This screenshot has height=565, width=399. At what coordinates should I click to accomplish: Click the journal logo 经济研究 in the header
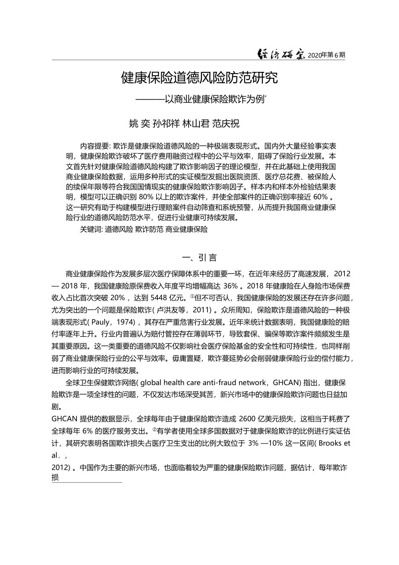[x=281, y=55]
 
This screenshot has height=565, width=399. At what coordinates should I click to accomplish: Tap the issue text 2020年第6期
[x=326, y=55]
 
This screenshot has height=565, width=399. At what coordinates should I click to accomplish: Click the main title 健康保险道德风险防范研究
[x=199, y=78]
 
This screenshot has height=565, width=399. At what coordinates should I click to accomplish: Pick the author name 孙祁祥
[x=166, y=124]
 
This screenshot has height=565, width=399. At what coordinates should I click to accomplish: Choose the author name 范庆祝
[x=226, y=124]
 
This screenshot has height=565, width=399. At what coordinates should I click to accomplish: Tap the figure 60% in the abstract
[x=320, y=197]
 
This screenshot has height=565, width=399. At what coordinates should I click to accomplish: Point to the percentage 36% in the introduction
[x=231, y=286]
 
